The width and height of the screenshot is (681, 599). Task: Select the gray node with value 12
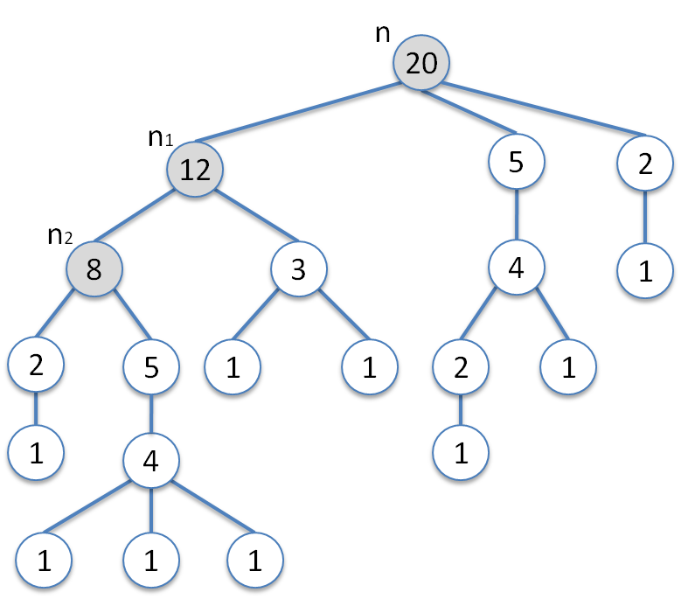click(195, 169)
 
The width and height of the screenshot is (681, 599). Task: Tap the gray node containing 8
click(94, 269)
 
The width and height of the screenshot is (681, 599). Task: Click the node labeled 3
click(298, 269)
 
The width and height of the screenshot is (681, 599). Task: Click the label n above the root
click(382, 33)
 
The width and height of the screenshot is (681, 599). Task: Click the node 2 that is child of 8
click(36, 366)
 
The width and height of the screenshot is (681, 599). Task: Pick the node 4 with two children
click(517, 268)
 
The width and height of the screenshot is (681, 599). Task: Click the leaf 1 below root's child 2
click(645, 271)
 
